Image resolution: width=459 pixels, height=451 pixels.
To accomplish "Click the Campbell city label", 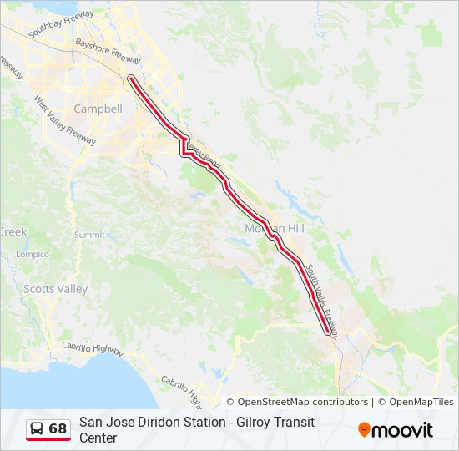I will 98,109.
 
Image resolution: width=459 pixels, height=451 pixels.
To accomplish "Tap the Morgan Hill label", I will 275,229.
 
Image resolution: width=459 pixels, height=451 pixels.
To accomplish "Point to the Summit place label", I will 89,236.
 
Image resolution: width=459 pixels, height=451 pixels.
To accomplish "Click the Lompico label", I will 33,254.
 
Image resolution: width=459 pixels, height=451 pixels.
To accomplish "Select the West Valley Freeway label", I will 64,121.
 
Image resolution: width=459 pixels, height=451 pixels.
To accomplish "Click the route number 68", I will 58,428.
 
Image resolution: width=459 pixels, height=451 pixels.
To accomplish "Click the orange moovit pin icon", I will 364,430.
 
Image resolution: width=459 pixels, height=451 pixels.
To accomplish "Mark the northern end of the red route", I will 130,79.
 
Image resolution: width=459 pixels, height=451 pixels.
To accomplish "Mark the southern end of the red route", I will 327,332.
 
